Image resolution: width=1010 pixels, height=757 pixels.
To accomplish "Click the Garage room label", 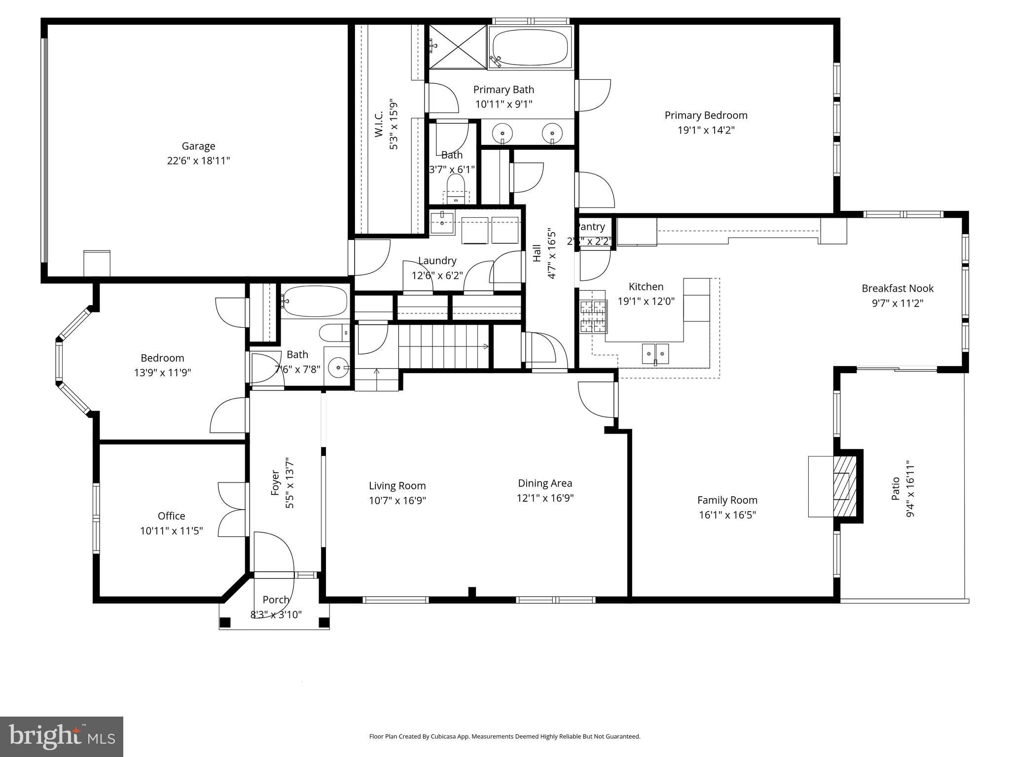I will [x=198, y=146].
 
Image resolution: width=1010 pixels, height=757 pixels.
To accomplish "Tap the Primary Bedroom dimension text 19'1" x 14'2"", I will [x=706, y=130].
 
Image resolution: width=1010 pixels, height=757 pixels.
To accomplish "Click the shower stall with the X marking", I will [x=458, y=47].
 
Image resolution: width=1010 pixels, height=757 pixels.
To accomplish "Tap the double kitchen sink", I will [x=655, y=353].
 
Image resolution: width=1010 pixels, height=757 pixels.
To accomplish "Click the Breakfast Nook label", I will [x=897, y=288].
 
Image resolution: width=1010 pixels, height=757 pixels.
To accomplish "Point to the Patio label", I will [x=896, y=488].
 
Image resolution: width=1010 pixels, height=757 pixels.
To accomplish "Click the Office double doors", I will [x=232, y=510].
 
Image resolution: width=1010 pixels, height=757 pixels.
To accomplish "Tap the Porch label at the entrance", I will [x=276, y=600].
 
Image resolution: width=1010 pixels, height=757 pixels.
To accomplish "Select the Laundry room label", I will [x=437, y=261].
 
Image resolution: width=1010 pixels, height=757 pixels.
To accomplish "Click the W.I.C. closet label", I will [x=379, y=124].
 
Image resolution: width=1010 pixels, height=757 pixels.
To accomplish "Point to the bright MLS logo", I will [x=62, y=736].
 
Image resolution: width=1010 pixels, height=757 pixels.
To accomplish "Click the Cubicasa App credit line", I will [x=505, y=736].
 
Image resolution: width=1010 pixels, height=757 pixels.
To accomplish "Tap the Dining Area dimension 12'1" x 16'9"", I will [x=545, y=498].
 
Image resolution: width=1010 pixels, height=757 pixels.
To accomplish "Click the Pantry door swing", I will [x=594, y=265].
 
